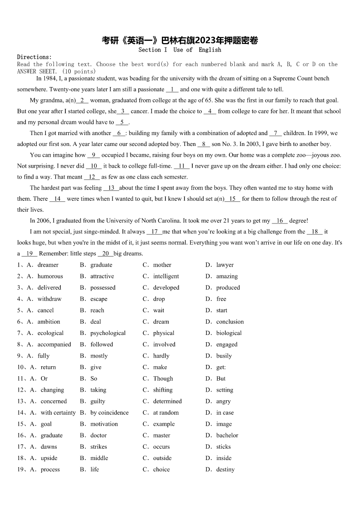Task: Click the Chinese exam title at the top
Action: pyautogui.click(x=180, y=40)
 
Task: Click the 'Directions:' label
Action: pyautogui.click(x=35, y=57)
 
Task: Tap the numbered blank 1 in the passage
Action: pyautogui.click(x=172, y=89)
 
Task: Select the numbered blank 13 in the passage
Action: pyautogui.click(x=111, y=188)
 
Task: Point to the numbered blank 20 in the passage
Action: pyautogui.click(x=105, y=253)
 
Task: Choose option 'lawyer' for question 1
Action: pyautogui.click(x=225, y=265)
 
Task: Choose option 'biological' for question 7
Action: pyautogui.click(x=229, y=333)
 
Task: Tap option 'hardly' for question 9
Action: pyautogui.click(x=161, y=356)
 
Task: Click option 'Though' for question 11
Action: pyautogui.click(x=163, y=378)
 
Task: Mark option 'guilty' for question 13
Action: pyautogui.click(x=97, y=401)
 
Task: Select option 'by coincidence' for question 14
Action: pyautogui.click(x=109, y=412)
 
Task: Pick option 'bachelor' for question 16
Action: pyautogui.click(x=227, y=435)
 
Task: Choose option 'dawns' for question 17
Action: pyautogui.click(x=49, y=446)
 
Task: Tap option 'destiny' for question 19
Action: pyautogui.click(x=225, y=470)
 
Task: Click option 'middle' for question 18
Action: pyautogui.click(x=99, y=458)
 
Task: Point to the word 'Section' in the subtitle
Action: pyautogui.click(x=150, y=50)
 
